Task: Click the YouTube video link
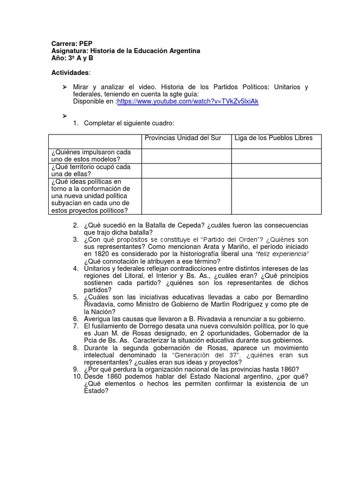point(187,101)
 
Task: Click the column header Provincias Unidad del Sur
point(183,138)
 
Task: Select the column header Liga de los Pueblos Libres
point(273,138)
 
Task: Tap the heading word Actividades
point(70,73)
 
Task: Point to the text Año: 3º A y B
point(72,58)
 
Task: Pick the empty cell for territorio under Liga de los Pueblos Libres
point(276,171)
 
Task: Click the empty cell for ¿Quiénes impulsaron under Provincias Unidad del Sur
point(186,156)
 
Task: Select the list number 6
point(75,319)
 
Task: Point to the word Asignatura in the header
point(69,51)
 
